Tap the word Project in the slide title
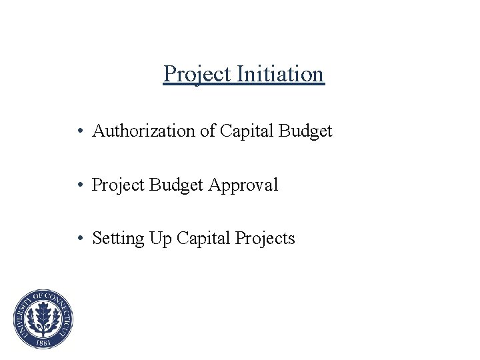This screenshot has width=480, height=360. (x=197, y=75)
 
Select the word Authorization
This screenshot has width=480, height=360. (x=144, y=131)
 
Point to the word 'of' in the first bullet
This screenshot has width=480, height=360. (x=207, y=131)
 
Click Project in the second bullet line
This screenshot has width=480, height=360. (x=117, y=185)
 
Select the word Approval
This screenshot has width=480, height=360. (x=243, y=185)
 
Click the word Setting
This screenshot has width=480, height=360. (x=116, y=239)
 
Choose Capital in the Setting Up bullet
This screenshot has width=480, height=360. (x=203, y=239)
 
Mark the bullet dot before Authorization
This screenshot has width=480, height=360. (x=79, y=132)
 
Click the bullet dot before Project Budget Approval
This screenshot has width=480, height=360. (x=79, y=185)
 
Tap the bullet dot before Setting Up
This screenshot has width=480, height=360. (x=79, y=239)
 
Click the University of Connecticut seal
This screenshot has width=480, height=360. (x=43, y=319)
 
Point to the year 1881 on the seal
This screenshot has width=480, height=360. (x=43, y=342)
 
